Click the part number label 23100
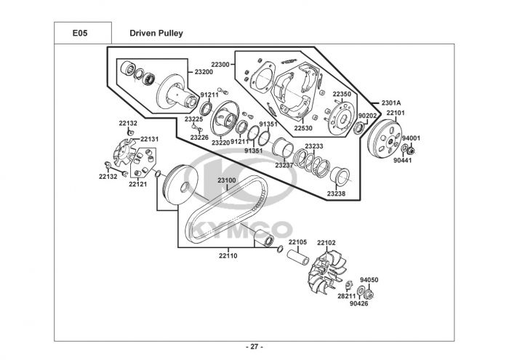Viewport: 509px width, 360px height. coord(227,180)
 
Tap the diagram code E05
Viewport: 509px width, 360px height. coord(80,33)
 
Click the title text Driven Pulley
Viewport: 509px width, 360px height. coord(156,33)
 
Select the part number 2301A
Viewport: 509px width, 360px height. coord(391,103)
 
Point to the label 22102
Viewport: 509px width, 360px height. coord(326,242)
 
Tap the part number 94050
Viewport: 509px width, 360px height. coord(369,280)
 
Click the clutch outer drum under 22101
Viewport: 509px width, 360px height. coord(385,140)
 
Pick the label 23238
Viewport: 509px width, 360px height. coord(336,193)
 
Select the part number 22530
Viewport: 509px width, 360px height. coord(303,128)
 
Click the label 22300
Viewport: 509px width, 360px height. coord(220,65)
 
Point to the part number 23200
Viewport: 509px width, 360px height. coord(204,72)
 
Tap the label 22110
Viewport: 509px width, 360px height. coord(228,255)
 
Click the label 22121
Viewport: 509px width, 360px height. coord(137,184)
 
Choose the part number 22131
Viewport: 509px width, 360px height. coord(150,139)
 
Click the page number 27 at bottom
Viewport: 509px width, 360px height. coord(254,347)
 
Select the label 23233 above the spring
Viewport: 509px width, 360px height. coord(314,146)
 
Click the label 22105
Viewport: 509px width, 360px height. coord(297,242)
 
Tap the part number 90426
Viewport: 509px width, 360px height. coord(358,303)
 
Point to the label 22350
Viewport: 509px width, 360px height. coord(342,94)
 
